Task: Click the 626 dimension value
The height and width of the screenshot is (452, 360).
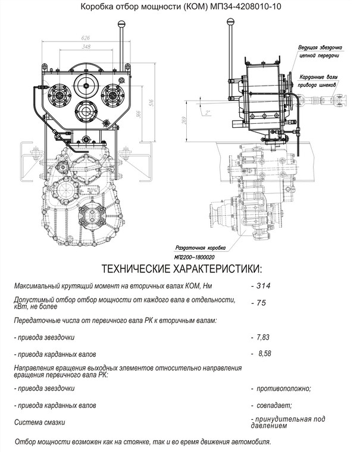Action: click(86, 37)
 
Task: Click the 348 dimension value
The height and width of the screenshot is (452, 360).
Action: click(86, 46)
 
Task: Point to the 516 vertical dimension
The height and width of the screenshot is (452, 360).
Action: click(152, 103)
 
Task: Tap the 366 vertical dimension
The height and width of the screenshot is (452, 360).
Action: click(139, 114)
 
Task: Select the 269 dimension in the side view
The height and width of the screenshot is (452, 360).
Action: click(185, 120)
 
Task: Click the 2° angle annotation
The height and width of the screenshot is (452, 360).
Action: click(208, 113)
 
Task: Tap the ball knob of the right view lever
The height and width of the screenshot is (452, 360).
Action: click(230, 21)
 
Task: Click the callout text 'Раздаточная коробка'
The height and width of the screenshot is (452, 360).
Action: click(201, 248)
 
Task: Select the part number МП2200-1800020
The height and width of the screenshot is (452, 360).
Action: click(194, 257)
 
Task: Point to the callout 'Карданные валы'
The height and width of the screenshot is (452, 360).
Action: click(318, 77)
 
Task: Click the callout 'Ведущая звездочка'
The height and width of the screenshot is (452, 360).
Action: click(320, 47)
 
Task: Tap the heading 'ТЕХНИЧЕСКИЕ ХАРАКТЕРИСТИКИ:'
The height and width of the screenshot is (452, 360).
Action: click(182, 269)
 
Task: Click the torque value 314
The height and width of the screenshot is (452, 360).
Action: click(264, 285)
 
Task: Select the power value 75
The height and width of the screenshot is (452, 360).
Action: click(261, 303)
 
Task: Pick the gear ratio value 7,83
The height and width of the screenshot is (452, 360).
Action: click(263, 337)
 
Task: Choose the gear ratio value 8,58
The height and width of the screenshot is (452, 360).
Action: click(265, 353)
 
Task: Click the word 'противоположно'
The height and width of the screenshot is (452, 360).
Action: click(283, 388)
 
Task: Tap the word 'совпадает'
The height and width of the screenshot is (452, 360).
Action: click(274, 405)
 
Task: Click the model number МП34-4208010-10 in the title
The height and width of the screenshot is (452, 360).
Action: click(246, 7)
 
